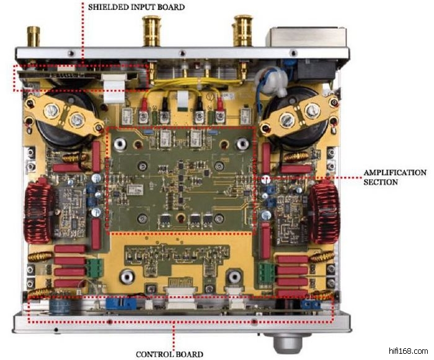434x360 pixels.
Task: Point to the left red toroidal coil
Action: pyautogui.click(x=38, y=210)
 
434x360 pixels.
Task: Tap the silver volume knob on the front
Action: pyautogui.click(x=280, y=340)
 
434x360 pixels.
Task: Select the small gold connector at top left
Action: pyautogui.click(x=31, y=35)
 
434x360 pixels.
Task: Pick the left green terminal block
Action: pyautogui.click(x=95, y=268)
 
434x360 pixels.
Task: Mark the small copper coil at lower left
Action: pyautogui.click(x=38, y=292)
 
